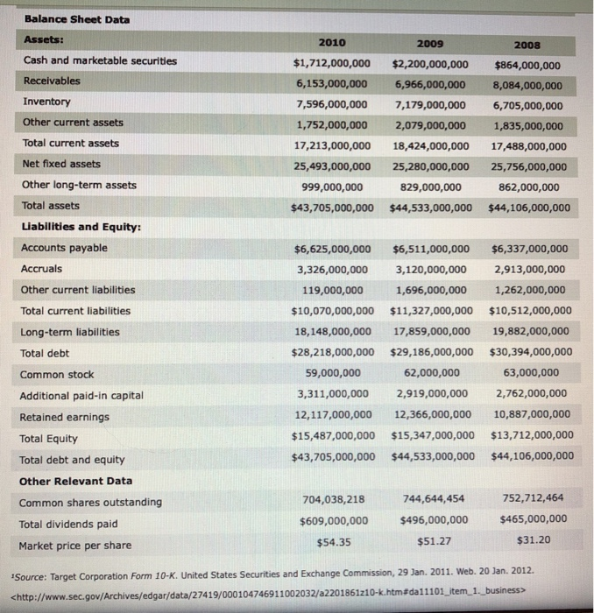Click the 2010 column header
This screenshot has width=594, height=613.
332,42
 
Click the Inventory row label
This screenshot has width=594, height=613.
47,102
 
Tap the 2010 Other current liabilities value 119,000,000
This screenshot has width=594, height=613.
332,290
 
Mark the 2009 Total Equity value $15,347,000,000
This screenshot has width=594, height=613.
432,435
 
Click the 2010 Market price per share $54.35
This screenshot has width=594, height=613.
332,541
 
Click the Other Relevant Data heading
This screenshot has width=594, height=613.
75,481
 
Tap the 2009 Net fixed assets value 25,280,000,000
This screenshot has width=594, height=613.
428,165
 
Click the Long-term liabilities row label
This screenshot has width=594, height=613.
69,332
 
